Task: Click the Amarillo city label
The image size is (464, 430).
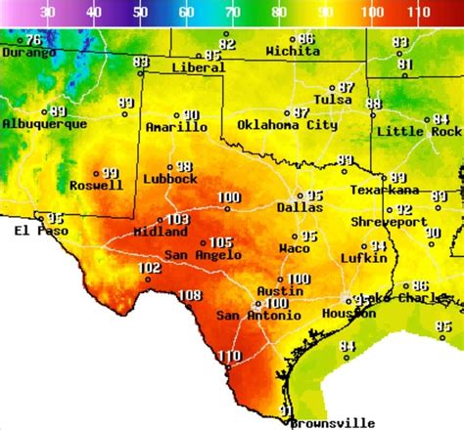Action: tap(176, 127)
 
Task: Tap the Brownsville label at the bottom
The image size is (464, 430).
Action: tap(333, 422)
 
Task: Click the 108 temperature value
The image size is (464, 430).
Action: tap(190, 295)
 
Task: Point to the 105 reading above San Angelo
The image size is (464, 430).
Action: tap(220, 242)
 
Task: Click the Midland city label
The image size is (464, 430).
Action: tap(161, 233)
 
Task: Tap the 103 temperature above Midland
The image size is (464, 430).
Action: tap(177, 220)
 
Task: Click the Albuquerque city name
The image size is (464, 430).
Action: tap(38, 124)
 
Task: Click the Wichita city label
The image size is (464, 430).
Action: tap(292, 51)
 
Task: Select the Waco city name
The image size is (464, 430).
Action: tap(295, 248)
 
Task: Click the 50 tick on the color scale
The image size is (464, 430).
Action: tap(140, 13)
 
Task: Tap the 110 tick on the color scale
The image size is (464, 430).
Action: tap(420, 13)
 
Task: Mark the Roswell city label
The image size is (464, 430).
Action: tap(96, 185)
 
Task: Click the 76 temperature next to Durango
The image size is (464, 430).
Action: tap(33, 40)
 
